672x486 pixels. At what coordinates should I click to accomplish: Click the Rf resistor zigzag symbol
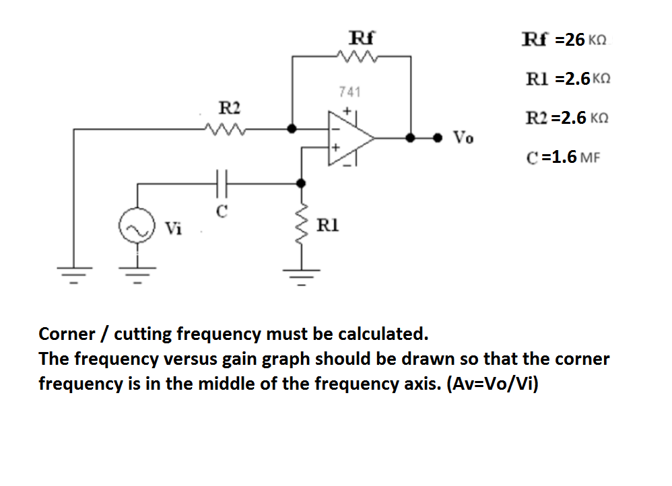[362, 57]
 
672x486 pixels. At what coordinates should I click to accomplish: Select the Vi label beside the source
[174, 229]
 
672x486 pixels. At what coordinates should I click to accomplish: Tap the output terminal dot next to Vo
[438, 137]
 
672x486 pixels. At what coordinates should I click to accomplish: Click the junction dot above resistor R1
[300, 182]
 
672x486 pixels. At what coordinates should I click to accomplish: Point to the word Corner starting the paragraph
[67, 334]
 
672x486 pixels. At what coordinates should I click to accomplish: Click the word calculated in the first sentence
[382, 334]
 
